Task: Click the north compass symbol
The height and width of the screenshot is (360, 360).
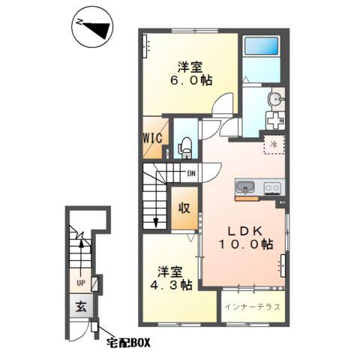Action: tap(92, 27)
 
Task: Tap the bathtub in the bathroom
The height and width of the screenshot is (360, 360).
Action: tap(261, 46)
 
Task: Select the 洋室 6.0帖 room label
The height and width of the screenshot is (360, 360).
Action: tap(191, 73)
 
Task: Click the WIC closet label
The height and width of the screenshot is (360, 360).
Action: tap(152, 138)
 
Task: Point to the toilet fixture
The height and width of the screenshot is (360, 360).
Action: tap(185, 148)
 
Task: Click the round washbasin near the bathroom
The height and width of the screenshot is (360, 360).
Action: tap(276, 100)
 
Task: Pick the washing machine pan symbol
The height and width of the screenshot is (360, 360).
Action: tap(275, 121)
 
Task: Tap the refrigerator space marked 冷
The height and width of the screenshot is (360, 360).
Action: tap(274, 145)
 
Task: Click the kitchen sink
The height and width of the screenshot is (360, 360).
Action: tap(245, 187)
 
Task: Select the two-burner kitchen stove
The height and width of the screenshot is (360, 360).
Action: tap(272, 188)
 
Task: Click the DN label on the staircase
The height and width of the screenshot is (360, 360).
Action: tap(191, 173)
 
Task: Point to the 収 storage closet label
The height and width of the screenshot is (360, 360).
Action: tap(184, 208)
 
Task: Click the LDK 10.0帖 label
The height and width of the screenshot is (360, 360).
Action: tap(246, 238)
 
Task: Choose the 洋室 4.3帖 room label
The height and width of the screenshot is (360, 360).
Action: tap(171, 278)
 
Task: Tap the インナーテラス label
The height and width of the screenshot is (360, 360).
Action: tap(252, 307)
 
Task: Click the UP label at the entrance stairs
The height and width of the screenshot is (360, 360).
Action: tap(81, 283)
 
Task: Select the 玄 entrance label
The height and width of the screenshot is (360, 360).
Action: tap(81, 306)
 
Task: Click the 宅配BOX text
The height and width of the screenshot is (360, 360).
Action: tap(128, 343)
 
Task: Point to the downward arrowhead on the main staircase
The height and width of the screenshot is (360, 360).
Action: tap(156, 223)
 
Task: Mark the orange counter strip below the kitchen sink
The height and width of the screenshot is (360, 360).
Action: tap(247, 199)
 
